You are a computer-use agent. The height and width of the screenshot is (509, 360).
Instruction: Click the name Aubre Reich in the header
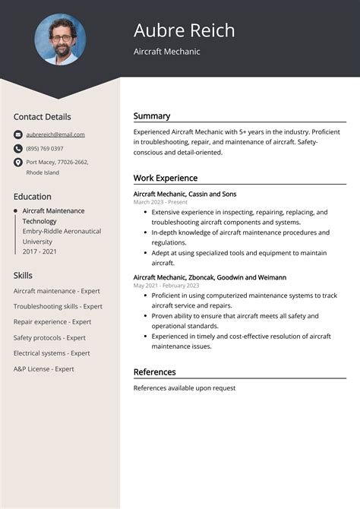184,30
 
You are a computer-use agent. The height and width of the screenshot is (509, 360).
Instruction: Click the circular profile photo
60,40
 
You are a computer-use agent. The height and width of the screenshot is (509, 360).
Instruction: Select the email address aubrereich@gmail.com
55,134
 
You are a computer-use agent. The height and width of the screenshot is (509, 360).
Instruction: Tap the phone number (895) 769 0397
45,148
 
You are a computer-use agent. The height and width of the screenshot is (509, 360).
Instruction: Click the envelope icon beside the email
17,134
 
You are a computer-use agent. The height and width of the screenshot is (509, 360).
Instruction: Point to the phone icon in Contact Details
17,148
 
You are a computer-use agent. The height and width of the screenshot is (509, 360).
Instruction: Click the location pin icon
17,162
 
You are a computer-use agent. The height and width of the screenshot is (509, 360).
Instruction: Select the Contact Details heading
42,117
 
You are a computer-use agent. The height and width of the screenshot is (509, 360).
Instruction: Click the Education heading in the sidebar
32,196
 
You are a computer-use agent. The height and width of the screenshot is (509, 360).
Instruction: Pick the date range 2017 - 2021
39,251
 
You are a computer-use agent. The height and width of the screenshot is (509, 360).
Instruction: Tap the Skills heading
23,275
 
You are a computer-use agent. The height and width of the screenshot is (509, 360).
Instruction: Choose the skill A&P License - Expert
43,368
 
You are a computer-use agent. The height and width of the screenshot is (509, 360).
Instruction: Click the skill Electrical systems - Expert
52,353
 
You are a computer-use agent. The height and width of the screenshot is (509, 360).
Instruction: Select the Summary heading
152,116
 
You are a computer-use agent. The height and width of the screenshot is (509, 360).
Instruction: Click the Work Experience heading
166,178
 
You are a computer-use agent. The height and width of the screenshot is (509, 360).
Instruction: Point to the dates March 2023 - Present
160,202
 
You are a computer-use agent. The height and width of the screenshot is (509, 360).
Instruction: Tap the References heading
155,372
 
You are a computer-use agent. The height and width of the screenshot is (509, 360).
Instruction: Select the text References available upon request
185,388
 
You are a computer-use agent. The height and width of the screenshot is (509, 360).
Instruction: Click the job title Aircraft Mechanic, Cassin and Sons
185,194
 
